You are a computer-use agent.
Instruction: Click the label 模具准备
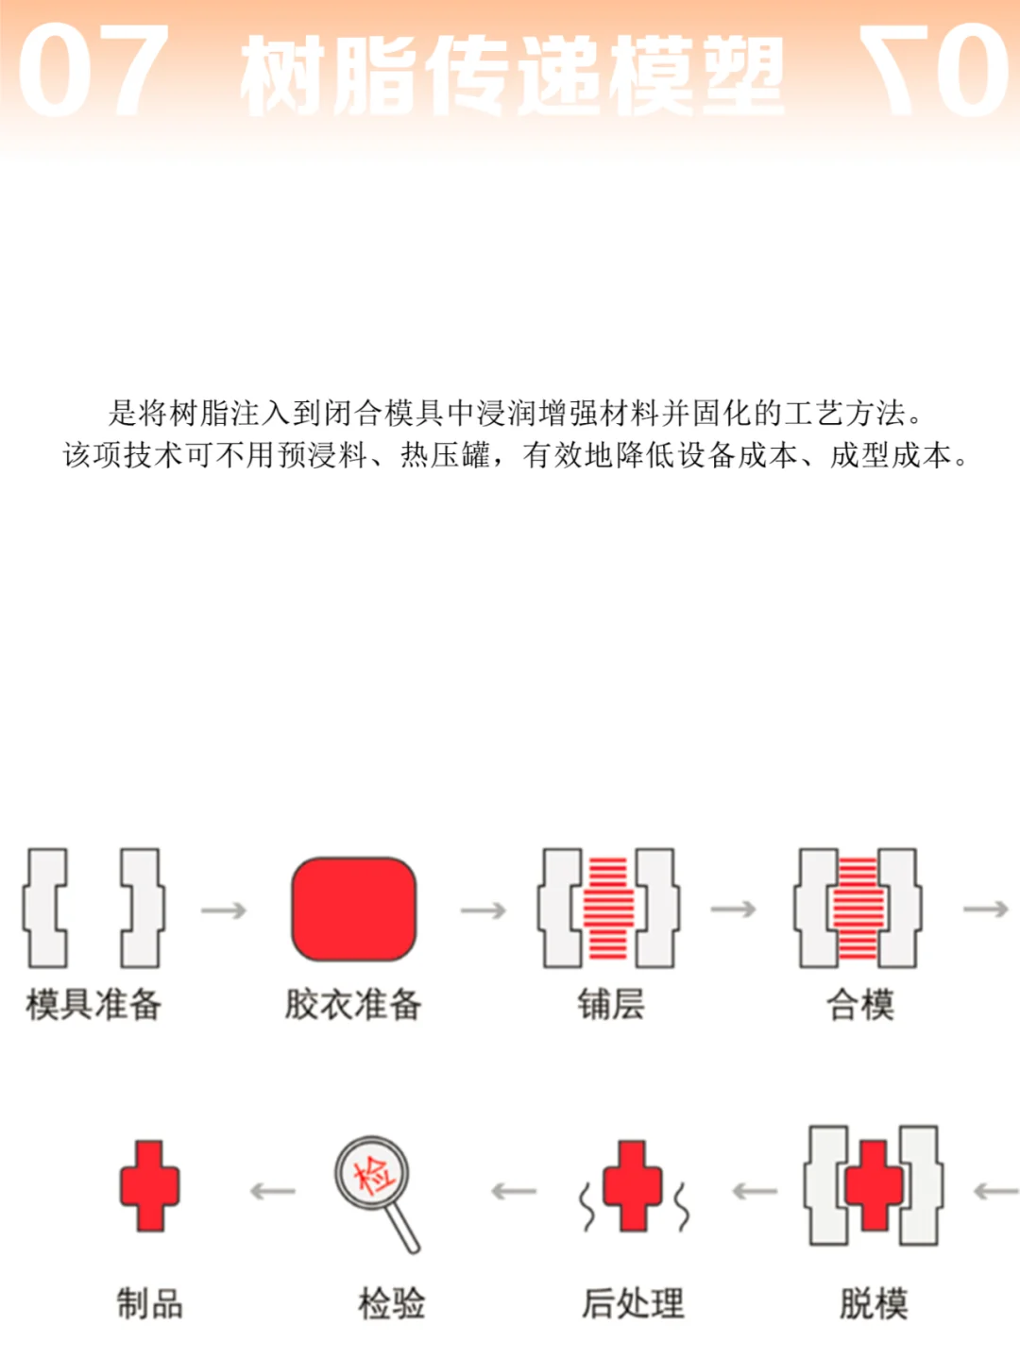point(93,1004)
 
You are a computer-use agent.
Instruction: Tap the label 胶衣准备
point(353,1004)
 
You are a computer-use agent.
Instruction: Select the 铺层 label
point(611,1004)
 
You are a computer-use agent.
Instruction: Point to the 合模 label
point(860,1004)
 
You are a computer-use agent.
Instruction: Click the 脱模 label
point(874,1304)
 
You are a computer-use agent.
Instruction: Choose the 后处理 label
point(633,1304)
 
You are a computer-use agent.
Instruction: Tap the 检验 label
point(391,1304)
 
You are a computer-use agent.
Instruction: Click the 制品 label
point(149,1304)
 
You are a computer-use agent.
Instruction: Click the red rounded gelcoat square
point(353,909)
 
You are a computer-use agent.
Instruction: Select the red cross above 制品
point(149,1186)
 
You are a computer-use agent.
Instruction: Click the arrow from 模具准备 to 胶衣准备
point(224,910)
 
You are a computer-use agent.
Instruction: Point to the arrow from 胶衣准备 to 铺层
point(484,910)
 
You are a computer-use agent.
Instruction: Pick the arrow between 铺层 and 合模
point(734,909)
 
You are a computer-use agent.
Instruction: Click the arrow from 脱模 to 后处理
point(755,1192)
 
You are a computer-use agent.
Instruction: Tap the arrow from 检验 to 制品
point(273,1192)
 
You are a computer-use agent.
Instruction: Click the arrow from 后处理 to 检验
point(514,1192)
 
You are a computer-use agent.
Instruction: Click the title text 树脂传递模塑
point(512,76)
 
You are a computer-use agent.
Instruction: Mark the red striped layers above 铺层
point(609,909)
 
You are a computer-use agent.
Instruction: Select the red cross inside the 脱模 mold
point(874,1186)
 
